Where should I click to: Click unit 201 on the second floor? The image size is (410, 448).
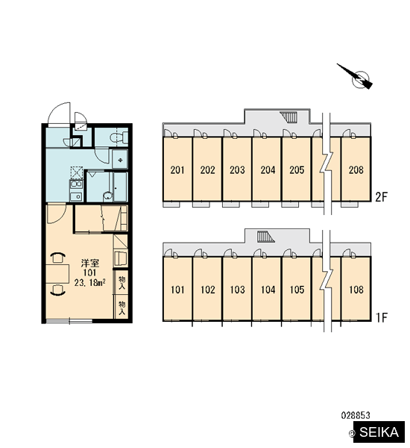coord(177,169)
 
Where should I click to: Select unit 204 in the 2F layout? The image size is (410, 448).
coord(268,169)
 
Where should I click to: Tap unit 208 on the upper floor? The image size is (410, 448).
coord(356,169)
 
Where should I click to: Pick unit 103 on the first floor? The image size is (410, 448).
coord(237,290)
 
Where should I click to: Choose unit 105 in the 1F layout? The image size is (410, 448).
coord(297,290)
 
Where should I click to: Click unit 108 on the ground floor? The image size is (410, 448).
coord(356,290)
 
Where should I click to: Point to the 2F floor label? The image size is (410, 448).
coord(382,197)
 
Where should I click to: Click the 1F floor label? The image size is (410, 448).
coord(382,317)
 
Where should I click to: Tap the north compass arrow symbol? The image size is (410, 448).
coord(356,76)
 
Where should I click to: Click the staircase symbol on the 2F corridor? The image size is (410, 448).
coord(288,116)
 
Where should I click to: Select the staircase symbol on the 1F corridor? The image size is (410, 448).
coord(265,237)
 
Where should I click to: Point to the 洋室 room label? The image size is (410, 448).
coord(90,263)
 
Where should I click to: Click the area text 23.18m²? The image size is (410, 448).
coord(90,283)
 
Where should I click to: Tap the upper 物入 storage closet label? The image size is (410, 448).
coord(122,282)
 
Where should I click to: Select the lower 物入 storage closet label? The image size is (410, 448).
coord(122,308)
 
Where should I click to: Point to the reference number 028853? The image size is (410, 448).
coord(356,415)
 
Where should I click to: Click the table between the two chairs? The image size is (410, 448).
coord(57,274)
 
